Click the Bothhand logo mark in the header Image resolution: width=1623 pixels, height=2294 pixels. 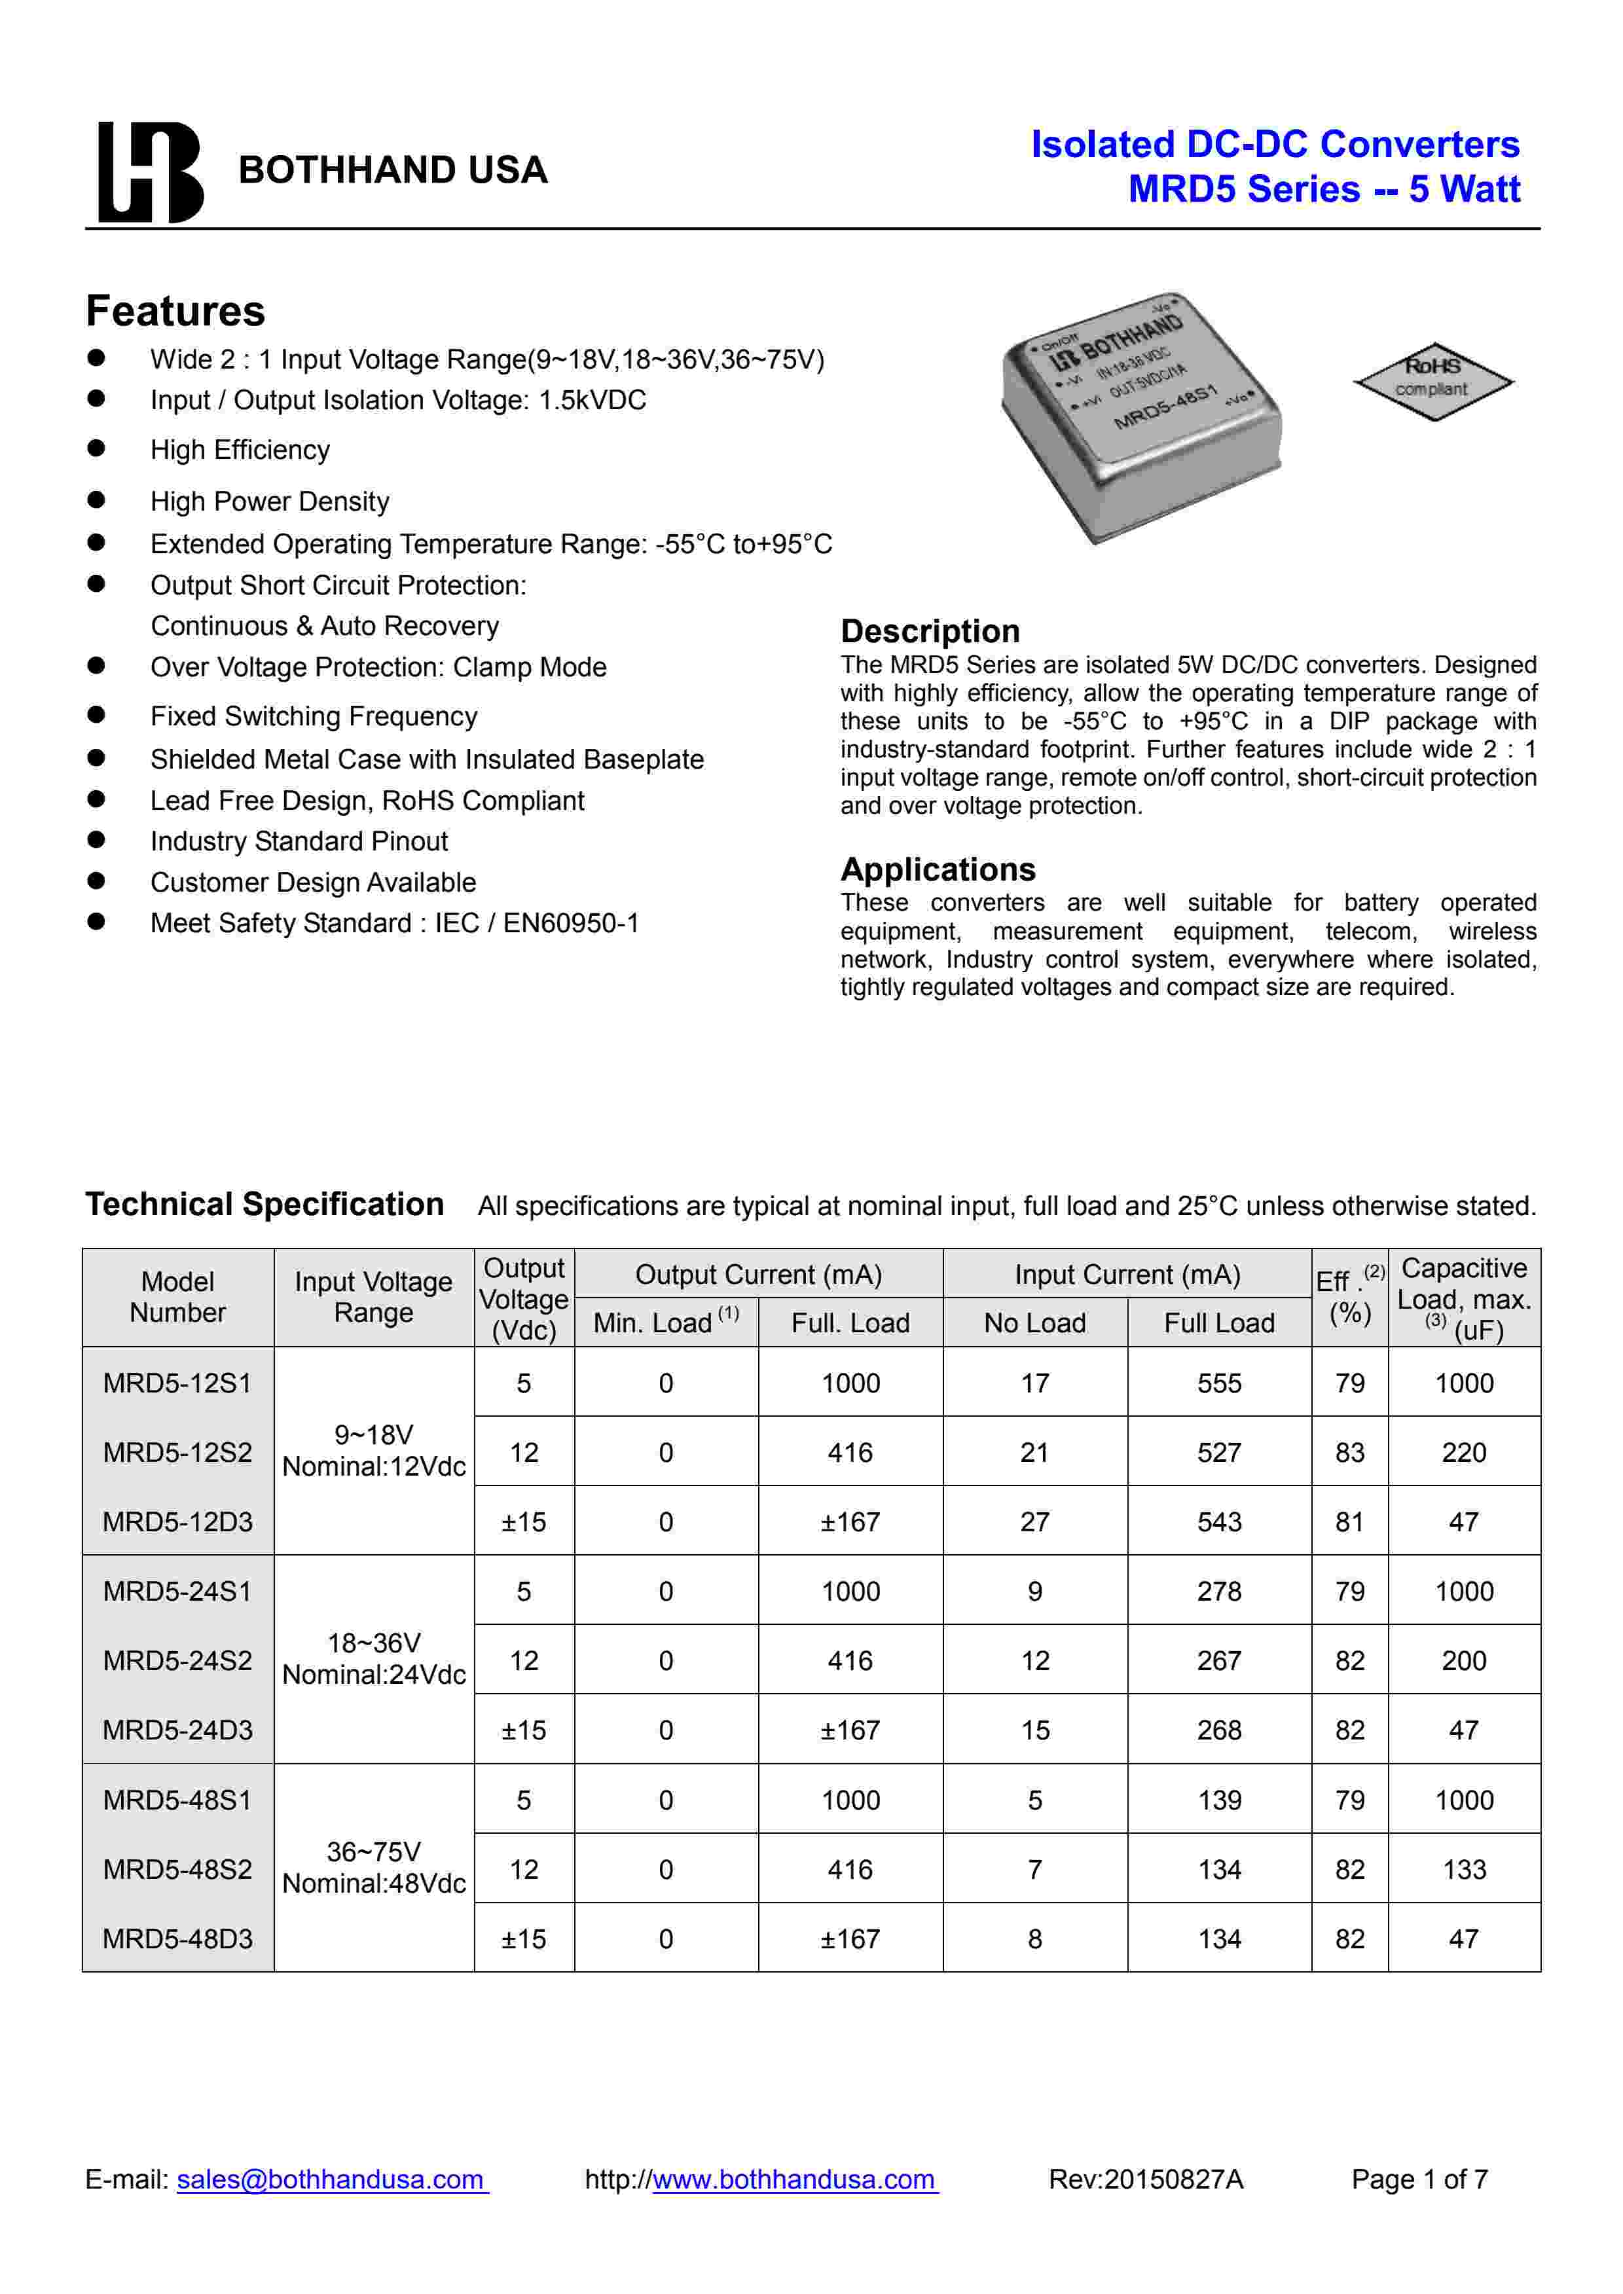pos(150,172)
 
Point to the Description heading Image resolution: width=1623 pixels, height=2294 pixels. pos(930,632)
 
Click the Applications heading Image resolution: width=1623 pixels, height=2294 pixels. pos(938,869)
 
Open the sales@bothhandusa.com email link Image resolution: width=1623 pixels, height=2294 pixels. pos(331,2178)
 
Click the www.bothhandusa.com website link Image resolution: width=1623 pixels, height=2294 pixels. pos(795,2178)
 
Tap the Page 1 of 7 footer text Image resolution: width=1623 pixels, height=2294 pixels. pos(1419,2178)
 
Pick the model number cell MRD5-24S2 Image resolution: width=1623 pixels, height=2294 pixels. pos(178,1660)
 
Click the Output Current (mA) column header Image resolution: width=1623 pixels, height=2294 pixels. pos(759,1275)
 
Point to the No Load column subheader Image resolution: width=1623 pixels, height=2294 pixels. pos(1034,1323)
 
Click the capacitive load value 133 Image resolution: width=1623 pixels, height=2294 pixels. pos(1464,1869)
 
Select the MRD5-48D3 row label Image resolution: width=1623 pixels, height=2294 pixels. pos(178,1939)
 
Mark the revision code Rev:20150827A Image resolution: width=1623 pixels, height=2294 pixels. pos(1145,2178)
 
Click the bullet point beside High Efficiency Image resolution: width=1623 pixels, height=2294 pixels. pos(96,448)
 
